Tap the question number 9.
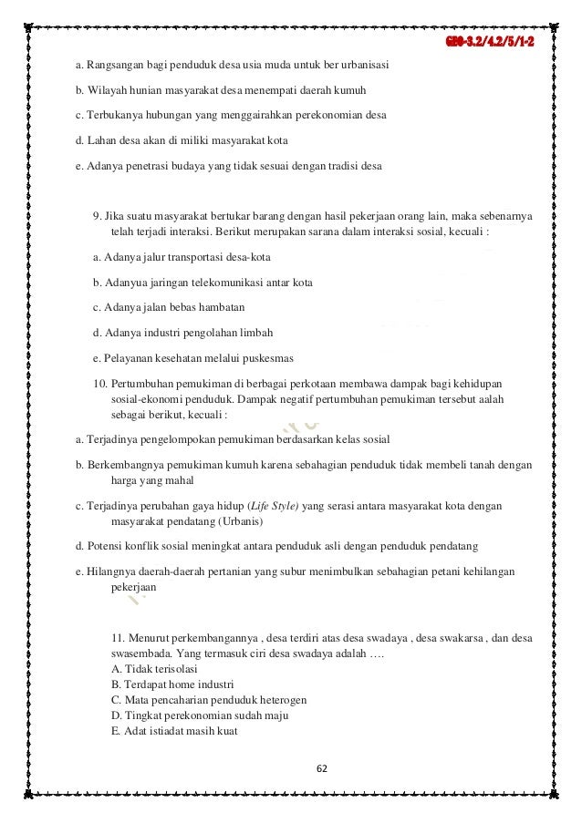[x=97, y=215]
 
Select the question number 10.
[x=100, y=381]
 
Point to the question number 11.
[x=118, y=634]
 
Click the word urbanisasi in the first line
[x=360, y=65]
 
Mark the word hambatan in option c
[x=222, y=307]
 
